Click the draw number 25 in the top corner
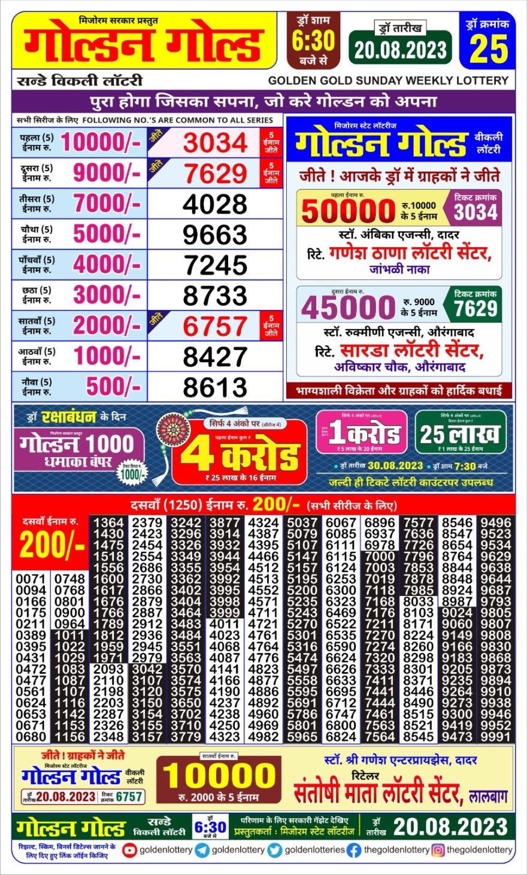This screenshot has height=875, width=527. coord(489,49)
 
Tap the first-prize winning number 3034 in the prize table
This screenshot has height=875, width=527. coord(215,144)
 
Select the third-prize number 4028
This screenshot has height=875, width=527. coord(215,205)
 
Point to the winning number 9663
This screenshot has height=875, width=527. coord(215,235)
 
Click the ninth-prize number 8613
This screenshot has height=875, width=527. coord(215,388)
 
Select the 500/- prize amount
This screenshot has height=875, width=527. coord(114,387)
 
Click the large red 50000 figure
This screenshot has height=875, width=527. coord(348,211)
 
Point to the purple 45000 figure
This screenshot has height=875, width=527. coord(348,308)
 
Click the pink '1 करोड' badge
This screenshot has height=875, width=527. coord(361,433)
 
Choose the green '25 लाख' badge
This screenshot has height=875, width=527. coord(459,433)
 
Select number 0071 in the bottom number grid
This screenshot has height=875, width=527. coord(31,579)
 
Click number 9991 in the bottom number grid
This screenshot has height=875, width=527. coord(496,737)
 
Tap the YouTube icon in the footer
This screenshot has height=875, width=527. coord(129,850)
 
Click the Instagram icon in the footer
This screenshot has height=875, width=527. coord(438,850)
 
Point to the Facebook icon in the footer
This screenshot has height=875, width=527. coord(355,850)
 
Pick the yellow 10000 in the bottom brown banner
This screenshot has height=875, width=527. coord(220,776)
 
